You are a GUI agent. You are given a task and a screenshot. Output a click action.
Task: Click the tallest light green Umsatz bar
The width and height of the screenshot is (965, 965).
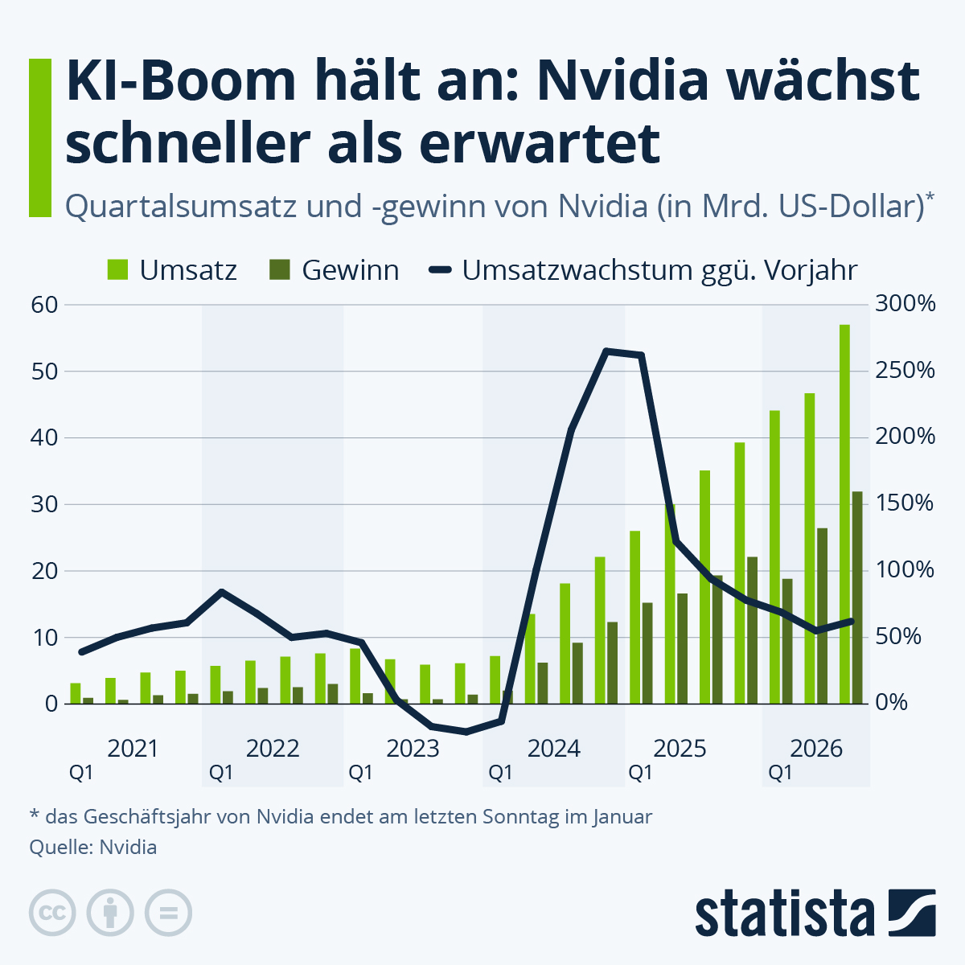[x=844, y=515]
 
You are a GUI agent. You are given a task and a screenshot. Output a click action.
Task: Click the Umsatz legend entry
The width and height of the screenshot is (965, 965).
[x=172, y=270]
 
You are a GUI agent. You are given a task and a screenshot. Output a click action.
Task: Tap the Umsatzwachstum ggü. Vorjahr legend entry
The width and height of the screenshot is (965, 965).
[x=643, y=270]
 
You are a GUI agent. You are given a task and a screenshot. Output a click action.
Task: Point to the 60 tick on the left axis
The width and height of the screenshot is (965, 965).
[x=45, y=305]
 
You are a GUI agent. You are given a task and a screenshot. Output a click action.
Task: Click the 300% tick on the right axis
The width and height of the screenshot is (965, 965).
[x=905, y=305]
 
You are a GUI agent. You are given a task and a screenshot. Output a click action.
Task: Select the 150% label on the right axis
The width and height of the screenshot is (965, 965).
[x=905, y=504]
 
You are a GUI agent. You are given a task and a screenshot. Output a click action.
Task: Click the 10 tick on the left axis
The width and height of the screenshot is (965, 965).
[x=45, y=638]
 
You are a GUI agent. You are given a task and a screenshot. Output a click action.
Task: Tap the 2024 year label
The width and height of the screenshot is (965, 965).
[x=553, y=749]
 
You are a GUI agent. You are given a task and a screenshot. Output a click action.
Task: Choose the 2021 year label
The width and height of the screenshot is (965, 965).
[x=133, y=749]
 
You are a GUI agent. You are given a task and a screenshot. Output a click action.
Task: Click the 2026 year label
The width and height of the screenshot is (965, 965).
[x=816, y=749]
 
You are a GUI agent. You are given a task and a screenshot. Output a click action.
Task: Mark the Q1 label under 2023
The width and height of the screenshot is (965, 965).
[x=360, y=773]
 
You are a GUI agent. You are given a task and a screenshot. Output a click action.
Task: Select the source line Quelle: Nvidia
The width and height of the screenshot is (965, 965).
[x=92, y=847]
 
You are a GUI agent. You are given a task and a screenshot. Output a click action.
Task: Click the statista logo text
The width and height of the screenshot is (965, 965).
[x=785, y=914]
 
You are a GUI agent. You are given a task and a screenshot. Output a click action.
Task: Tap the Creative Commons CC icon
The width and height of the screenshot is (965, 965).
[x=52, y=913]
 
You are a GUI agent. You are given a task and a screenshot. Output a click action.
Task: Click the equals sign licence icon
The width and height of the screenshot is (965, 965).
[x=168, y=913]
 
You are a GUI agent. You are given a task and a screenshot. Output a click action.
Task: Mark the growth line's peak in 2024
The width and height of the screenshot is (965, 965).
[x=607, y=351]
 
